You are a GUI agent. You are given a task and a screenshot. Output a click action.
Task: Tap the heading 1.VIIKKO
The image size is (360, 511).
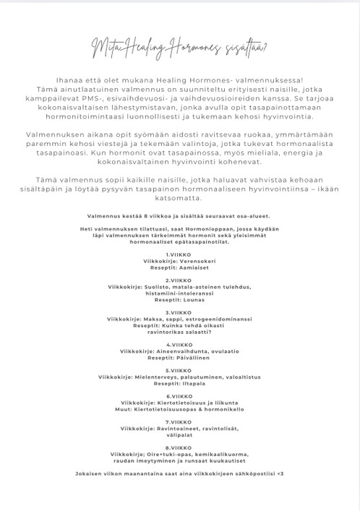click(178, 254)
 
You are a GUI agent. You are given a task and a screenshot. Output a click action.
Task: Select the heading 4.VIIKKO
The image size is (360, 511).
click(178, 344)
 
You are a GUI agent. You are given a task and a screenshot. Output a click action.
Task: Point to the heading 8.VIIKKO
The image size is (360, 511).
click(178, 447)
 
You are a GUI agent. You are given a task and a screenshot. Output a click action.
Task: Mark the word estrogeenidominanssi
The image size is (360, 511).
click(220, 319)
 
